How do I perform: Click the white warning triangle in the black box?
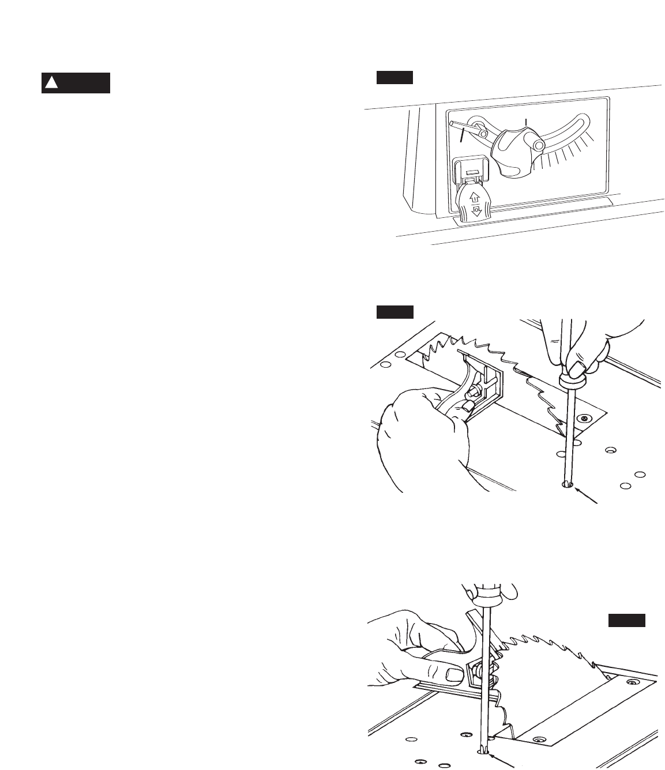pyautogui.click(x=52, y=83)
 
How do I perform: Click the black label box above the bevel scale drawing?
pyautogui.click(x=395, y=77)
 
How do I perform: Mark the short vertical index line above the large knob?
pyautogui.click(x=525, y=123)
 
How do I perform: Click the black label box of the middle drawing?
pyautogui.click(x=395, y=312)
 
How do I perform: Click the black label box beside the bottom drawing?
pyautogui.click(x=627, y=620)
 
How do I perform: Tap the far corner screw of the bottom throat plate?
pyautogui.click(x=633, y=682)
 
